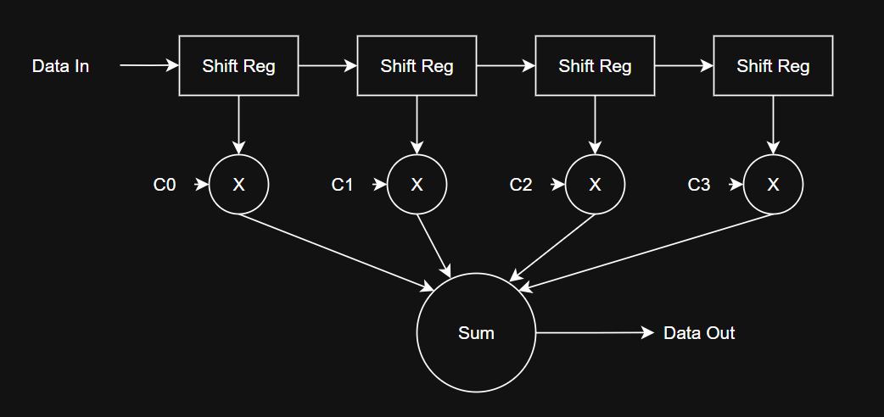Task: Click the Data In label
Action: (60, 66)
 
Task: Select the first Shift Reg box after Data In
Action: (238, 66)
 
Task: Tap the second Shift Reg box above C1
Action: (417, 66)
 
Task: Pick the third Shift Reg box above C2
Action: (595, 66)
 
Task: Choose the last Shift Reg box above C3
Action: (773, 66)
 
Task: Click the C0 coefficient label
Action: (165, 185)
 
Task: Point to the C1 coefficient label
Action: (342, 185)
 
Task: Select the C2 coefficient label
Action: (521, 185)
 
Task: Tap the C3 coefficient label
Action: (699, 185)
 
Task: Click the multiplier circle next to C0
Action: (238, 185)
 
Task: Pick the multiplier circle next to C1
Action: (417, 185)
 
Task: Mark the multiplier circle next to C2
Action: (595, 185)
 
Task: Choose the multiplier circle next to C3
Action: (773, 185)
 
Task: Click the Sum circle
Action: (476, 333)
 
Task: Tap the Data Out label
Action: (699, 333)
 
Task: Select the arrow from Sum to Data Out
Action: (594, 333)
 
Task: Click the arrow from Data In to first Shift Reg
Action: (148, 65)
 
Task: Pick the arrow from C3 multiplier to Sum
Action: (645, 250)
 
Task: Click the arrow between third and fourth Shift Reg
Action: (684, 65)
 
